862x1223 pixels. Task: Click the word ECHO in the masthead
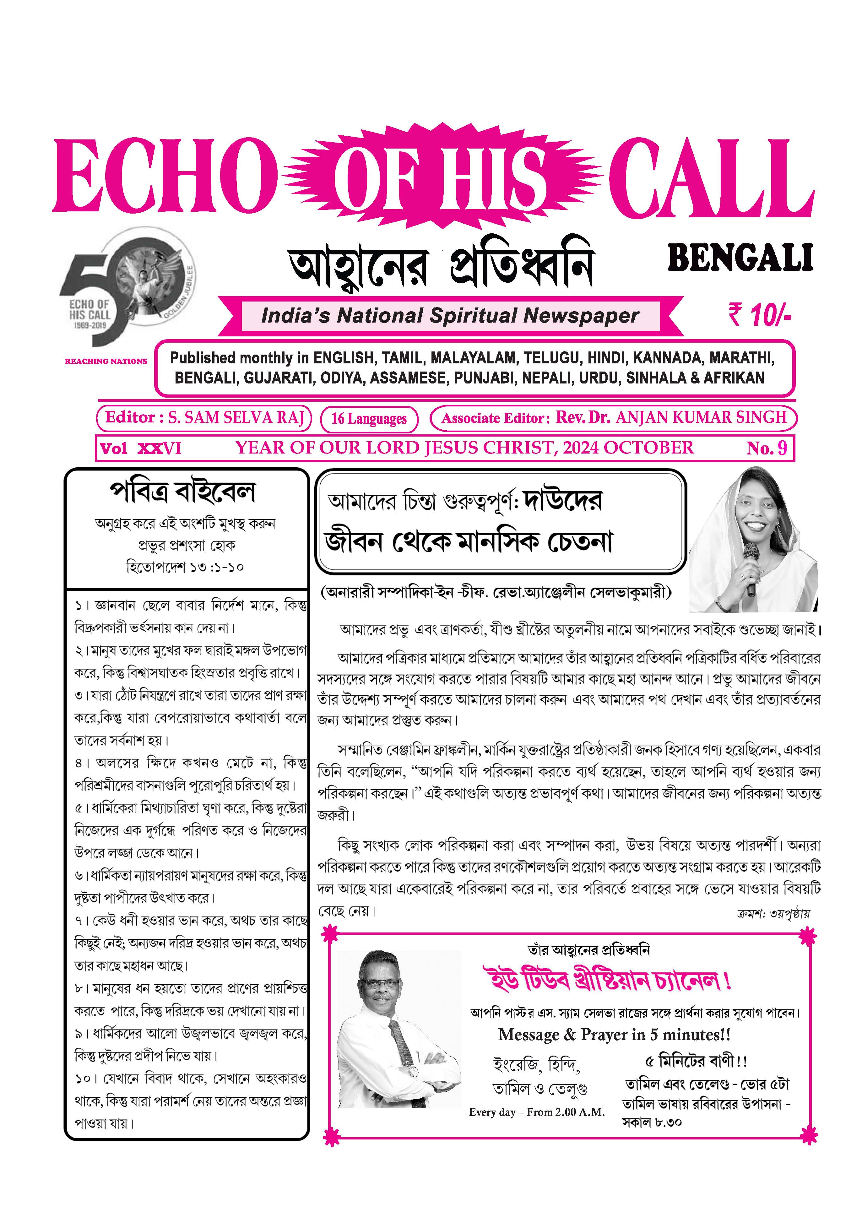pyautogui.click(x=165, y=176)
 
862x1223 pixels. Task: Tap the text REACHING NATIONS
pyautogui.click(x=106, y=361)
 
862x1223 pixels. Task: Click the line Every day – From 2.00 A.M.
pyautogui.click(x=537, y=1112)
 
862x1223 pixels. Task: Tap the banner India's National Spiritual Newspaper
pyautogui.click(x=450, y=316)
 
